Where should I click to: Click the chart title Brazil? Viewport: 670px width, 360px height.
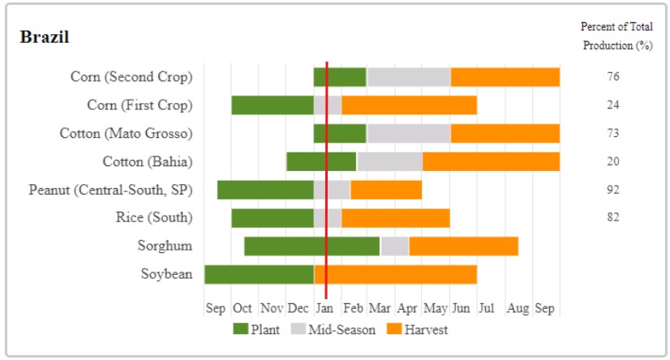click(44, 37)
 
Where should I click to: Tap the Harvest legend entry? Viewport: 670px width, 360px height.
click(417, 329)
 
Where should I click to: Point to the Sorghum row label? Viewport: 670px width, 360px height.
click(165, 246)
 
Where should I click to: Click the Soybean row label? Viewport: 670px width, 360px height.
click(166, 274)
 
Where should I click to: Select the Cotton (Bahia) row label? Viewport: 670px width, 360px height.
click(148, 161)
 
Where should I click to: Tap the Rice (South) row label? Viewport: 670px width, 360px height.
click(154, 217)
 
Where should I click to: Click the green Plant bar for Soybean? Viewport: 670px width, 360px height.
click(259, 274)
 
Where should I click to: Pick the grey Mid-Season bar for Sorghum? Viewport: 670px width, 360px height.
click(394, 246)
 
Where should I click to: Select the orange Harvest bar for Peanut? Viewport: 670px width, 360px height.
click(386, 190)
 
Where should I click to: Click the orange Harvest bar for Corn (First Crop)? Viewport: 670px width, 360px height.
click(409, 105)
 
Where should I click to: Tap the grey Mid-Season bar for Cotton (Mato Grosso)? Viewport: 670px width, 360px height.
click(408, 133)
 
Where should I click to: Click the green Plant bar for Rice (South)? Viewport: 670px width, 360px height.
click(273, 217)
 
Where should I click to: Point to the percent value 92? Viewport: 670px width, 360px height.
click(613, 190)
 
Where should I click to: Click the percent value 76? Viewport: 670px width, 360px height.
click(613, 77)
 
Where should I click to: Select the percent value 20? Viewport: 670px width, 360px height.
click(613, 161)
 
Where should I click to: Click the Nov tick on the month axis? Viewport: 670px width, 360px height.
click(271, 308)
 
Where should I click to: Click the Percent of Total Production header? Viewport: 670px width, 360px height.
click(617, 36)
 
